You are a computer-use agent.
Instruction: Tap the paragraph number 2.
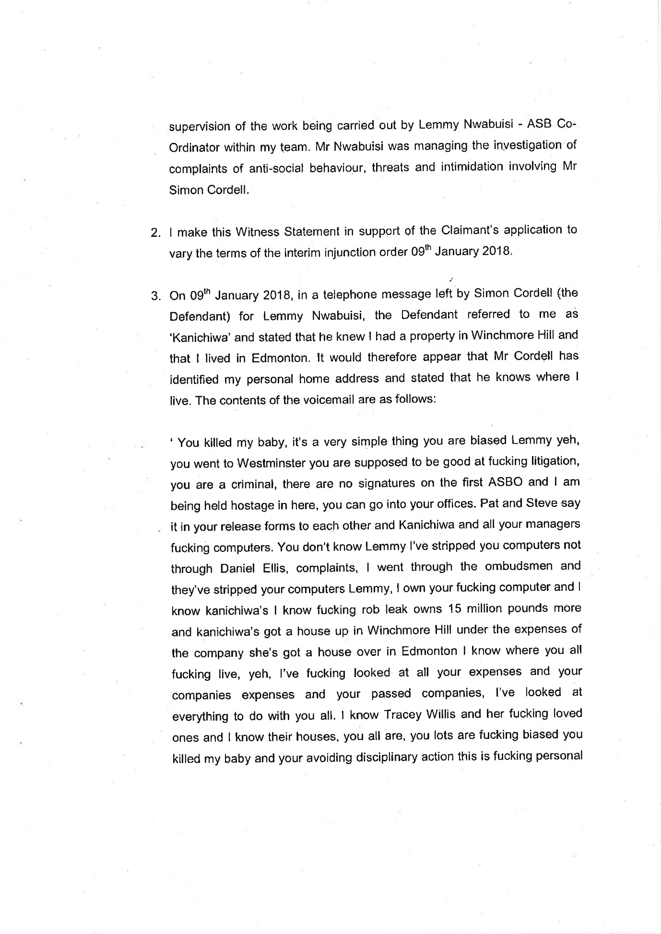click(x=155, y=233)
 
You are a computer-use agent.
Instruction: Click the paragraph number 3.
click(x=155, y=296)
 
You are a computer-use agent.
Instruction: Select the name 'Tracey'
click(x=402, y=714)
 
